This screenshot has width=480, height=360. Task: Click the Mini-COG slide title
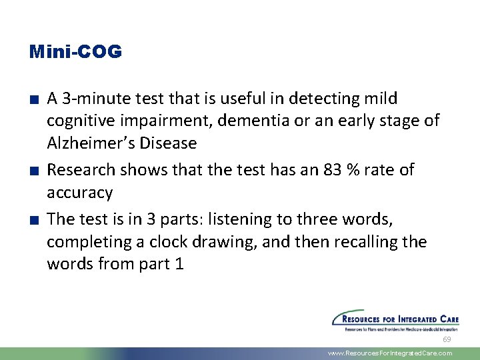(x=76, y=52)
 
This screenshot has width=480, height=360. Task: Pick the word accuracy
(x=79, y=193)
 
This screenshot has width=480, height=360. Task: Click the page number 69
(x=447, y=340)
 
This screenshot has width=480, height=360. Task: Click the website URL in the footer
(x=390, y=353)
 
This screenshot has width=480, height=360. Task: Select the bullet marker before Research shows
(x=33, y=171)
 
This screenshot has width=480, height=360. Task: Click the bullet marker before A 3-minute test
(x=33, y=99)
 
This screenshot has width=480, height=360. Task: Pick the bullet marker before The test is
(x=33, y=219)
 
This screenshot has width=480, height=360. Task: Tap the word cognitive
(x=78, y=121)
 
